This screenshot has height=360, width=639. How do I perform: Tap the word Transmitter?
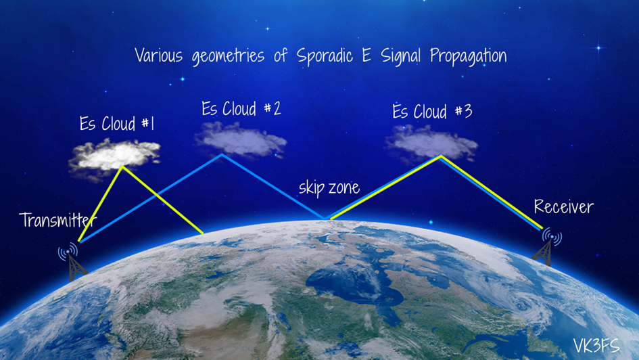pyautogui.click(x=57, y=220)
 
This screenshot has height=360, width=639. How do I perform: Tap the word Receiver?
pyautogui.click(x=564, y=206)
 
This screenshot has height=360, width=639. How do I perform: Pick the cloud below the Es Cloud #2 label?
pyautogui.click(x=240, y=139)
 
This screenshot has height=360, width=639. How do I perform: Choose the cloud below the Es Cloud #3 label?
pyautogui.click(x=431, y=143)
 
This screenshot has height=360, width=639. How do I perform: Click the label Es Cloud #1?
pyautogui.click(x=117, y=124)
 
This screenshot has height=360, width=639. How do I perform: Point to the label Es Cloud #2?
pyautogui.click(x=241, y=108)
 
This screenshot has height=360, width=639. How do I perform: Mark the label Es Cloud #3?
pyautogui.click(x=432, y=111)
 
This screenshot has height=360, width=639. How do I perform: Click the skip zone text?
pyautogui.click(x=329, y=187)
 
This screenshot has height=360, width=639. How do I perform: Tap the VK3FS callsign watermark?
pyautogui.click(x=596, y=346)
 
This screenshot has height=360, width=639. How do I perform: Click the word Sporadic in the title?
pyautogui.click(x=325, y=56)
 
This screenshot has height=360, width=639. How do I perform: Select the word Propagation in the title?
pyautogui.click(x=468, y=56)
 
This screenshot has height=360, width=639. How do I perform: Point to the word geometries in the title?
pyautogui.click(x=229, y=56)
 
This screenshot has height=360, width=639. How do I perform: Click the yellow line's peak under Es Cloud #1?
pyautogui.click(x=122, y=166)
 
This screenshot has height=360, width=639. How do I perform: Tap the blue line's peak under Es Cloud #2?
pyautogui.click(x=222, y=154)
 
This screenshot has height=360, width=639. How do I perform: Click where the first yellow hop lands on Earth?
pyautogui.click(x=203, y=233)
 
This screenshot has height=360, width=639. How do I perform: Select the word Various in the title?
pyautogui.click(x=159, y=56)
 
